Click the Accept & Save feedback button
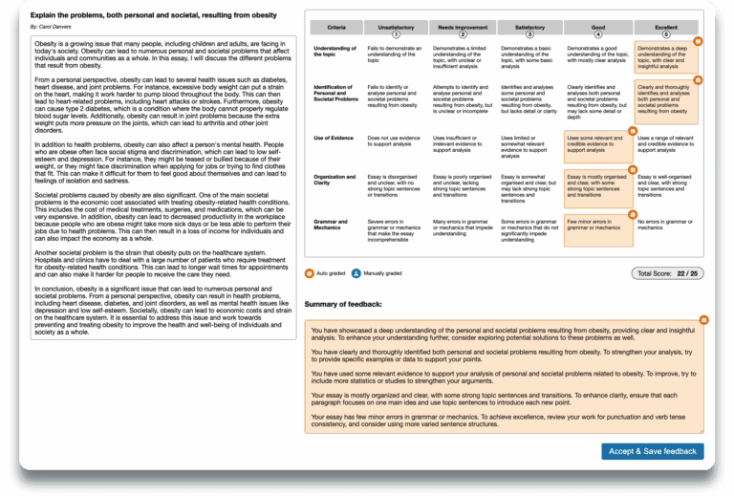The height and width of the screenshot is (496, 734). point(653,451)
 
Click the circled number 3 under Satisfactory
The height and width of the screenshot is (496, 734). point(529,35)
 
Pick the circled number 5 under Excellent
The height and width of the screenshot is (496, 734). point(666,35)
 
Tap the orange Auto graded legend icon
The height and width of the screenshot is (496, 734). point(309,272)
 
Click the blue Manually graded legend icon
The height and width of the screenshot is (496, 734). point(356,272)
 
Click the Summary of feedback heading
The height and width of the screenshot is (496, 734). point(343,304)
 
